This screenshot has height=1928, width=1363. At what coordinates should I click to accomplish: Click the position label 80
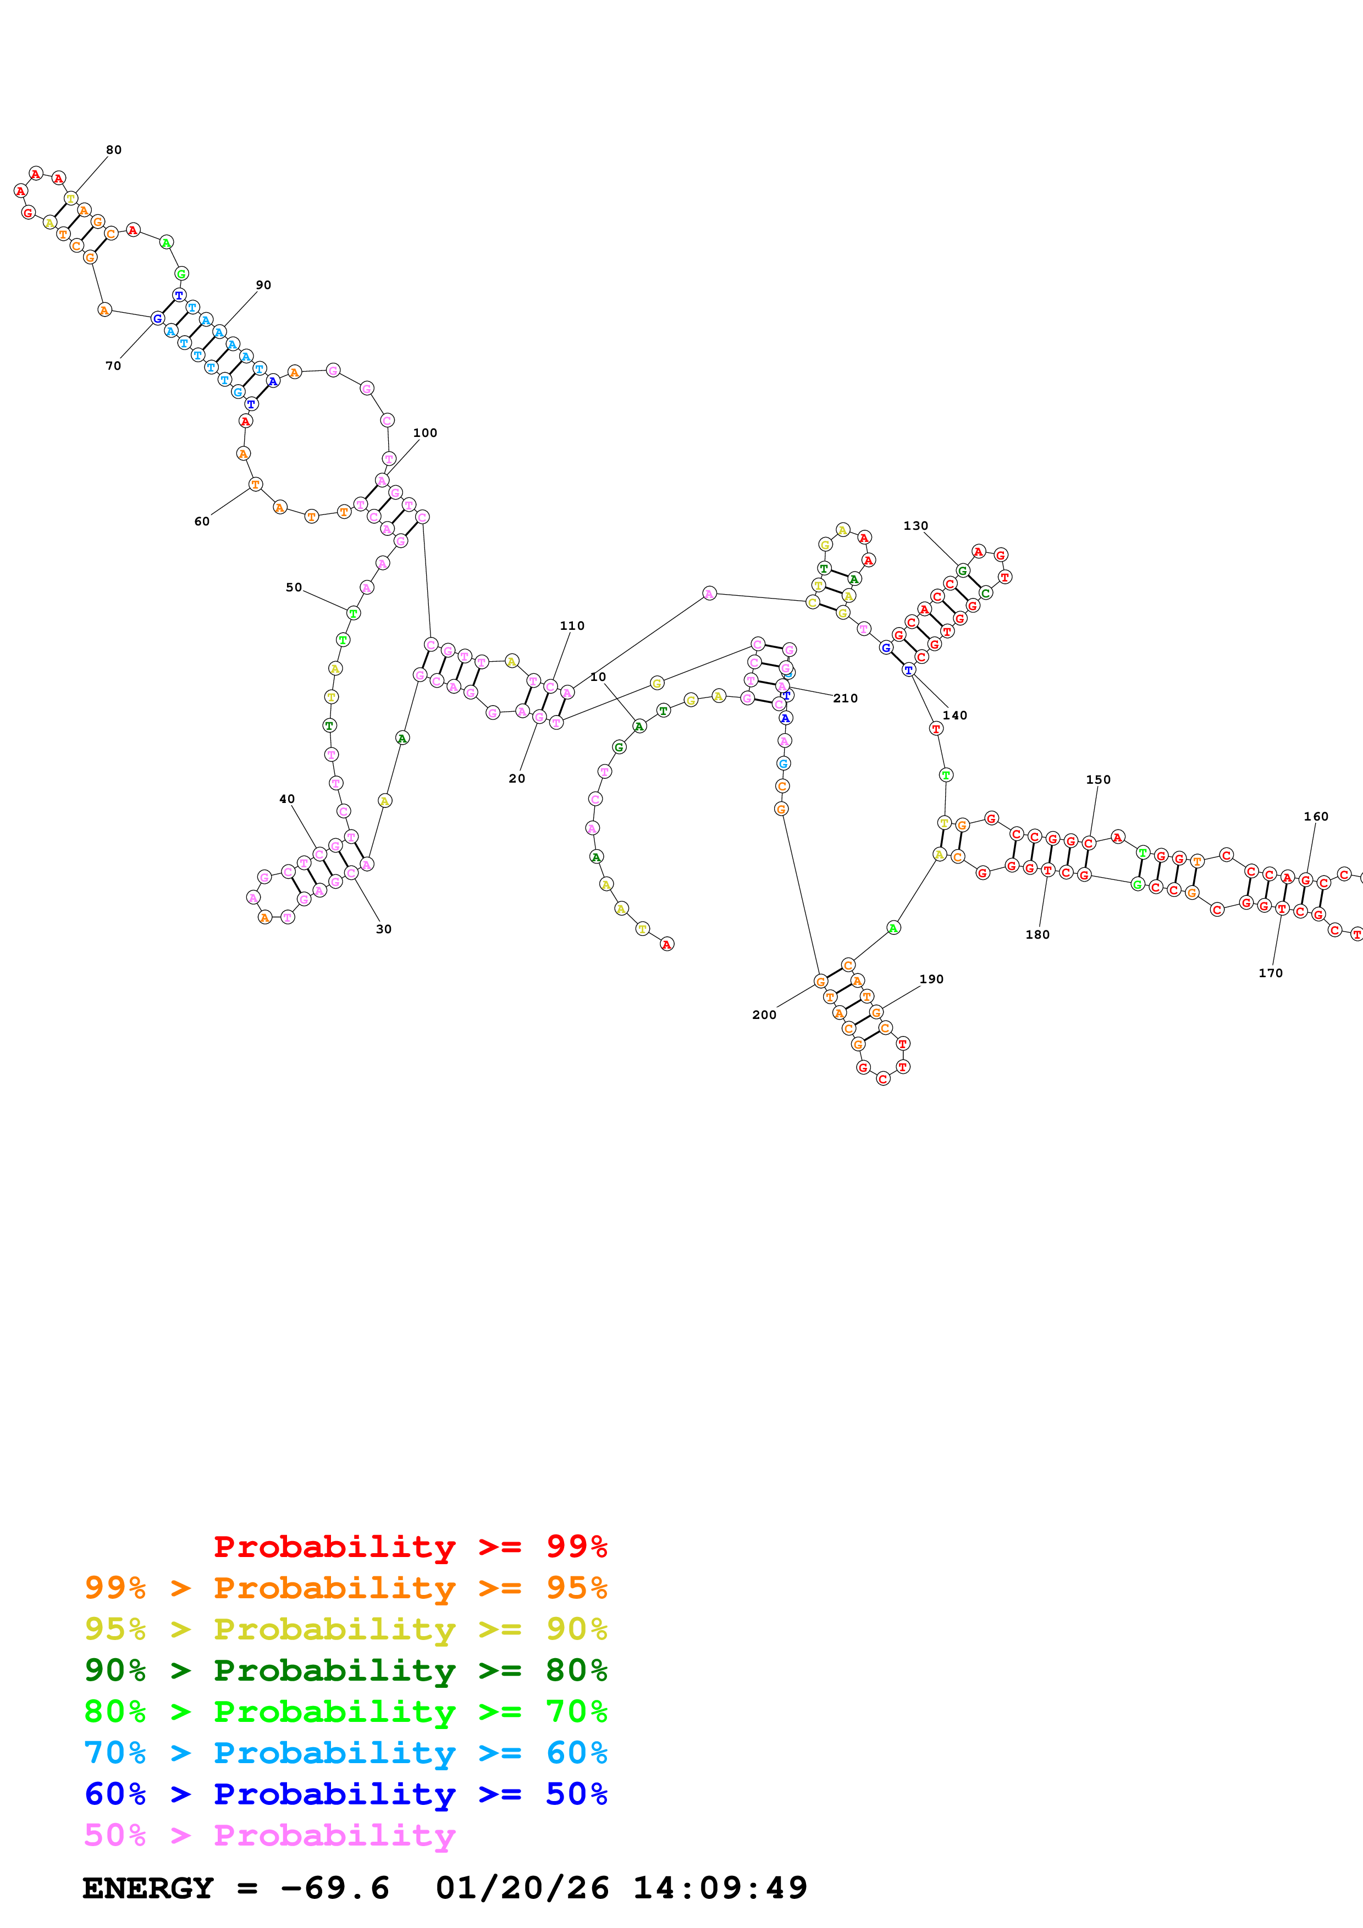(113, 150)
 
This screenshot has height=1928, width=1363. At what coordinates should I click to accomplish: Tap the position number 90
(263, 285)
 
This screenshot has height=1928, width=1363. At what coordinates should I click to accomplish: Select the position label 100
(425, 433)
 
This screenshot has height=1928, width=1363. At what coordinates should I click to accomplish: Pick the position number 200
(764, 1015)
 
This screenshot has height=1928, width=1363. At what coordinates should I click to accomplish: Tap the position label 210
(846, 699)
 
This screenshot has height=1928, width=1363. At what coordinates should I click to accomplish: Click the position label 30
(384, 929)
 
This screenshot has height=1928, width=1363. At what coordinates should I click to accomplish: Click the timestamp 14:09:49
(720, 1888)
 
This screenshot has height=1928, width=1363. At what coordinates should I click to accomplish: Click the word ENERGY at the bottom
(148, 1888)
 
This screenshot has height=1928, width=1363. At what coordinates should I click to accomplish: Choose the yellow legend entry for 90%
(345, 1629)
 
